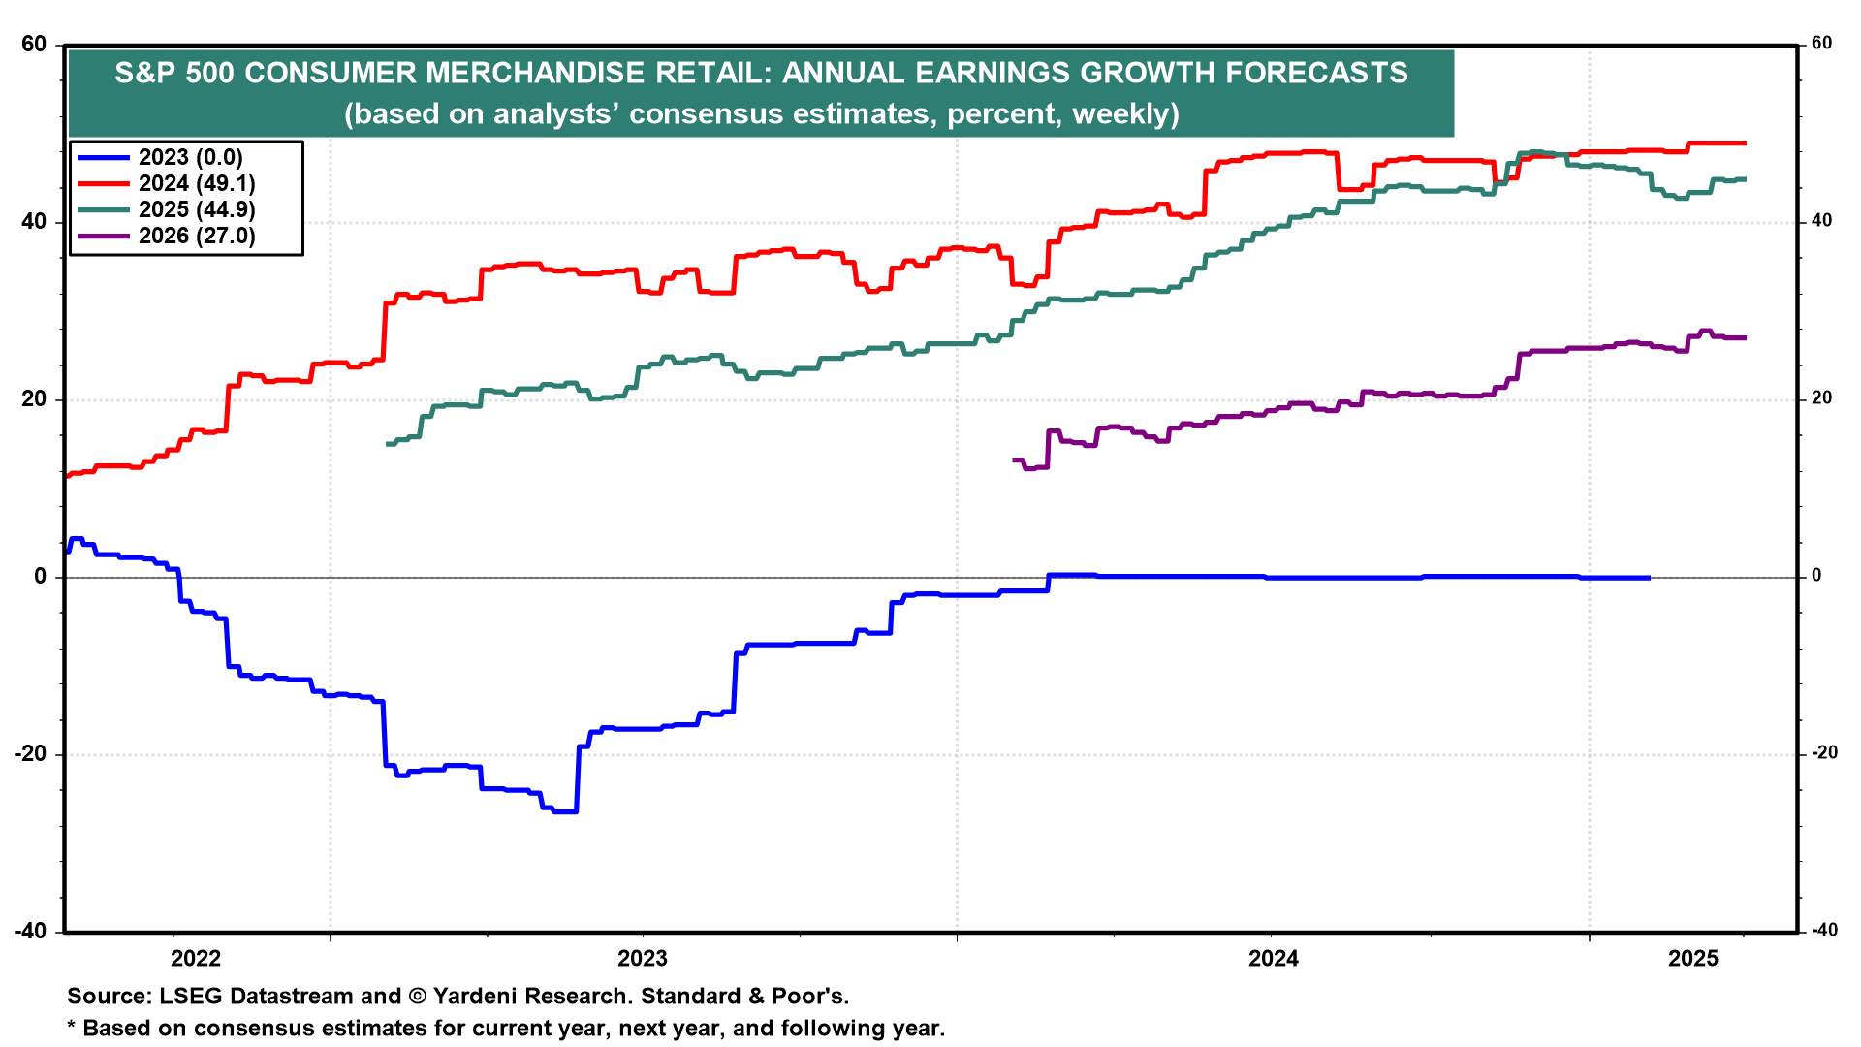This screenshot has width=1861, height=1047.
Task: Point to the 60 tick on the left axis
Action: [x=33, y=45]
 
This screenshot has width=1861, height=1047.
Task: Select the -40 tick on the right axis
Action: [x=1822, y=931]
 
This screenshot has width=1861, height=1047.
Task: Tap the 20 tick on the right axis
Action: [x=1821, y=398]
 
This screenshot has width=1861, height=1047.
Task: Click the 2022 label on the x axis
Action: [x=196, y=959]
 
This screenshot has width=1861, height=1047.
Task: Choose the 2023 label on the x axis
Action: [x=643, y=959]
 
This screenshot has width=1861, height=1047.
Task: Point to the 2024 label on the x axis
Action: [x=1274, y=959]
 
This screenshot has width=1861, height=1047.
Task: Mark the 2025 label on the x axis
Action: [x=1693, y=959]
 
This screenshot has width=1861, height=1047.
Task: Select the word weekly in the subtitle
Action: [x=1124, y=114]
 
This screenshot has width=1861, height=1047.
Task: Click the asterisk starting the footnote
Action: [x=71, y=1027]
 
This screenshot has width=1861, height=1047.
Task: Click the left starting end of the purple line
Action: [x=1014, y=460]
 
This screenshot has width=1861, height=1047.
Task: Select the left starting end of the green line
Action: [x=388, y=444]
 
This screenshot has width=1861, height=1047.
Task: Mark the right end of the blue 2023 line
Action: [x=1649, y=578]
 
